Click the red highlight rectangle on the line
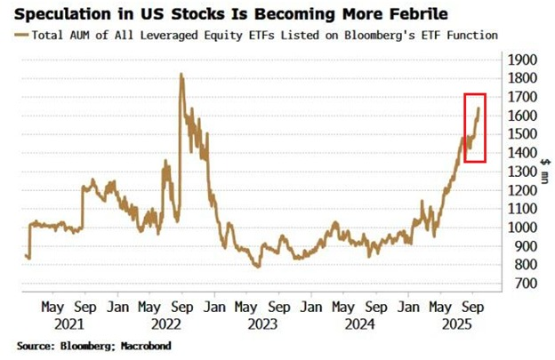pyautogui.click(x=475, y=127)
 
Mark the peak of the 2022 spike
pyautogui.click(x=181, y=75)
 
